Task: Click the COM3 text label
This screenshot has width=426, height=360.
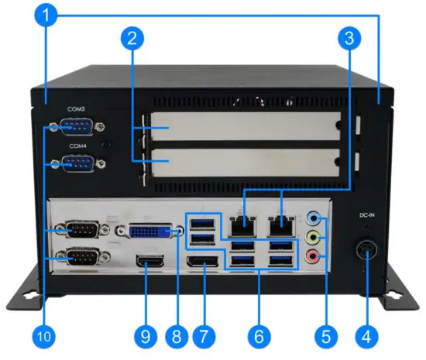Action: [x=77, y=110]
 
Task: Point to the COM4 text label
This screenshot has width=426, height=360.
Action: [x=77, y=146]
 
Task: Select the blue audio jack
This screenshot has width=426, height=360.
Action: [x=314, y=219]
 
